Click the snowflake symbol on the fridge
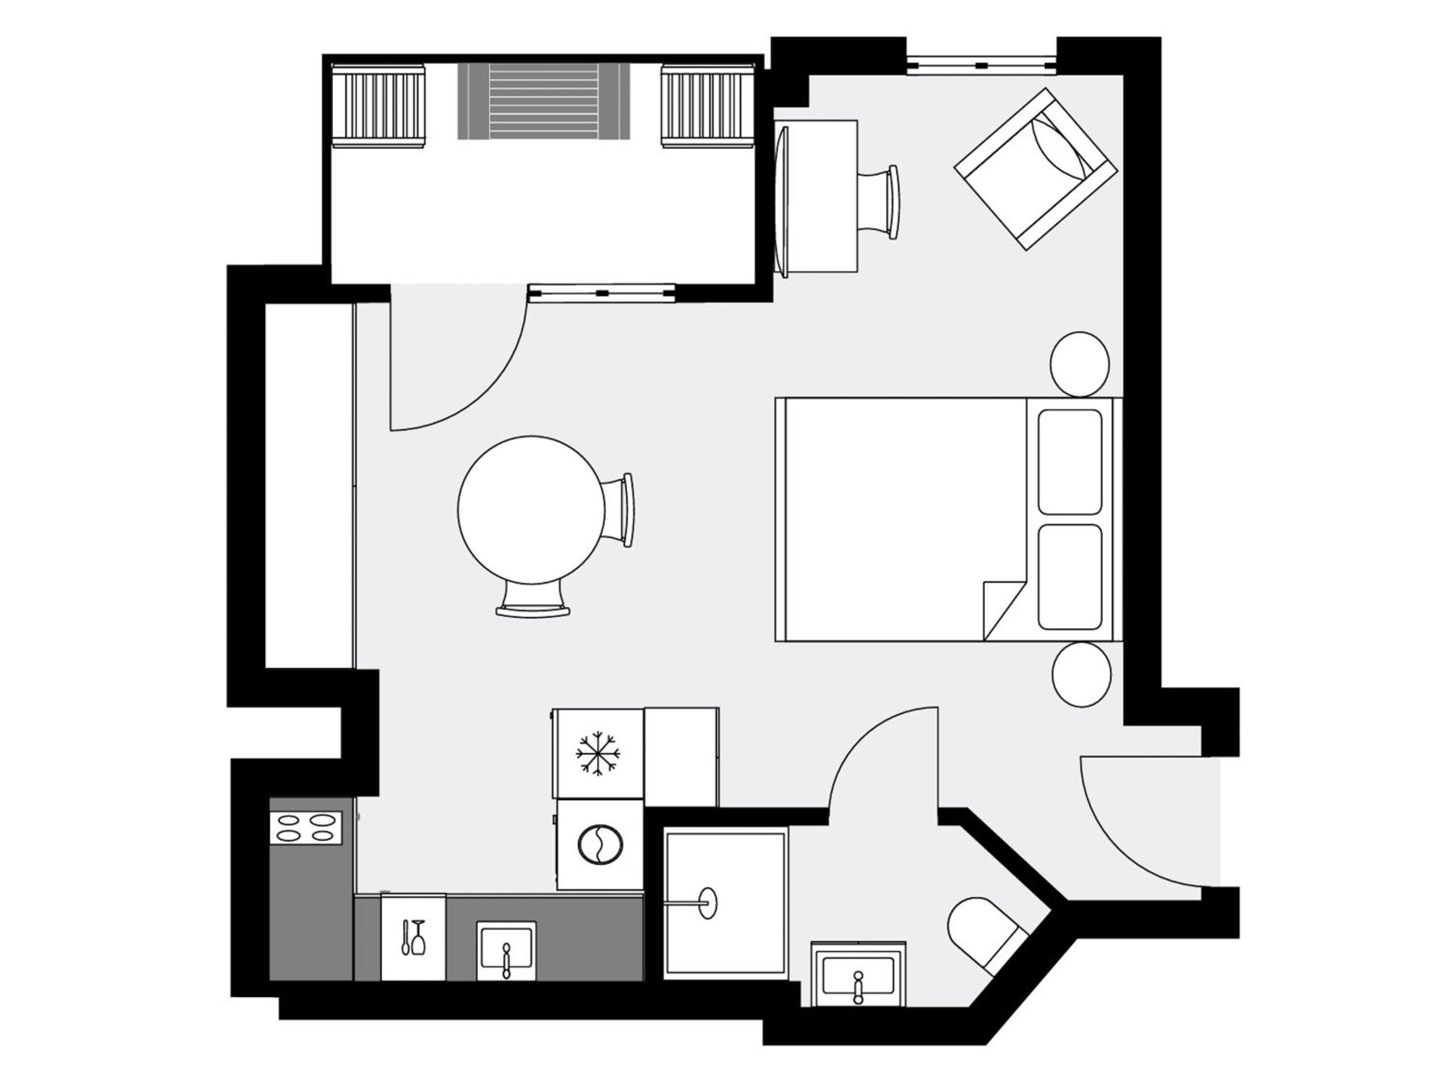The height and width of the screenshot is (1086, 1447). (x=598, y=753)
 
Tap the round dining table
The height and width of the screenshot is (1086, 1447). (x=531, y=510)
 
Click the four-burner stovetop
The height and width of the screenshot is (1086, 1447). (x=306, y=827)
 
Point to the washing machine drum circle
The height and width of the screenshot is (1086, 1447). (x=600, y=845)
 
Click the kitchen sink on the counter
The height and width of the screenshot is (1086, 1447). (x=506, y=950)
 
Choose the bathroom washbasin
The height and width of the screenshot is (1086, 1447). (x=858, y=977)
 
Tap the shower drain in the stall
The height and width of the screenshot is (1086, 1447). (x=708, y=902)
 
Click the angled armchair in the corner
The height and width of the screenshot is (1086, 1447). (x=1035, y=170)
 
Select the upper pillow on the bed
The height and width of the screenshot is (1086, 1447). (x=1069, y=462)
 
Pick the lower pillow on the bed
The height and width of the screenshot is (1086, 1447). (x=1069, y=577)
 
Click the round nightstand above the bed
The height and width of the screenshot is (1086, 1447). (x=1079, y=364)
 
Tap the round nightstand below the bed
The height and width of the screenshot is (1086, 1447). (x=1081, y=674)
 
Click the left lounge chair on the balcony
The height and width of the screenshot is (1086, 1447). (x=378, y=106)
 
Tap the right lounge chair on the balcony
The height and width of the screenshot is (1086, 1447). (x=708, y=106)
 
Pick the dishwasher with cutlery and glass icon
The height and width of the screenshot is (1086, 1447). (x=413, y=937)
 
